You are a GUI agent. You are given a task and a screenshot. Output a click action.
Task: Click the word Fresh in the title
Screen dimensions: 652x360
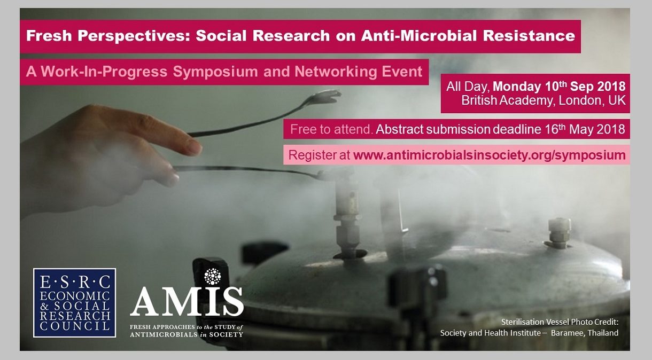pos(49,36)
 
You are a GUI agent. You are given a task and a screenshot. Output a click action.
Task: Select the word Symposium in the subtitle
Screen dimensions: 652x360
pos(215,72)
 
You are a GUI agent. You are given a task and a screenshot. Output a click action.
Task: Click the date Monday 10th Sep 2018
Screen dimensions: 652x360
pos(559,87)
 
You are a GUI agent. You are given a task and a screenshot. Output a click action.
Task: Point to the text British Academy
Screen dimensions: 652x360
pos(507,100)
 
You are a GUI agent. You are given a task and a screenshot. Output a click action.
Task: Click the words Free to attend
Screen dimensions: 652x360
pos(331,129)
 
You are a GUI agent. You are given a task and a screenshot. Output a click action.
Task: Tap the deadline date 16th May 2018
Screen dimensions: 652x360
pos(585,129)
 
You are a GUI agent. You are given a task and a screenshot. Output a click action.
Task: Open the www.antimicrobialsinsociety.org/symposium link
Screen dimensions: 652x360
pos(490,155)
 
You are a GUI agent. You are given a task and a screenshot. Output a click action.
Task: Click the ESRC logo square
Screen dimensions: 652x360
pos(74,303)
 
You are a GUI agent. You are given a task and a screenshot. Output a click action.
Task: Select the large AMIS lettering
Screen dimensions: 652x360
pos(187,302)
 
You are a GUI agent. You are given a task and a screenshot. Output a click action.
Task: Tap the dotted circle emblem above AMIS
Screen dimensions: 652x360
pos(213,276)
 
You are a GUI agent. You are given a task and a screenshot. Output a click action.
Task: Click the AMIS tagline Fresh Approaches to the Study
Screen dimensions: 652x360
pos(187,327)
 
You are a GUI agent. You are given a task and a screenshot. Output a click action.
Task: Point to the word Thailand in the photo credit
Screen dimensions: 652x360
pos(603,333)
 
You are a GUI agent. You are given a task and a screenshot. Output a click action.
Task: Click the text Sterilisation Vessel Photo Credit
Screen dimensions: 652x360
pos(560,322)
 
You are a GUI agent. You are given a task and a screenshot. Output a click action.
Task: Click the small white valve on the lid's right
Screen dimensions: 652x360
pos(559,233)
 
